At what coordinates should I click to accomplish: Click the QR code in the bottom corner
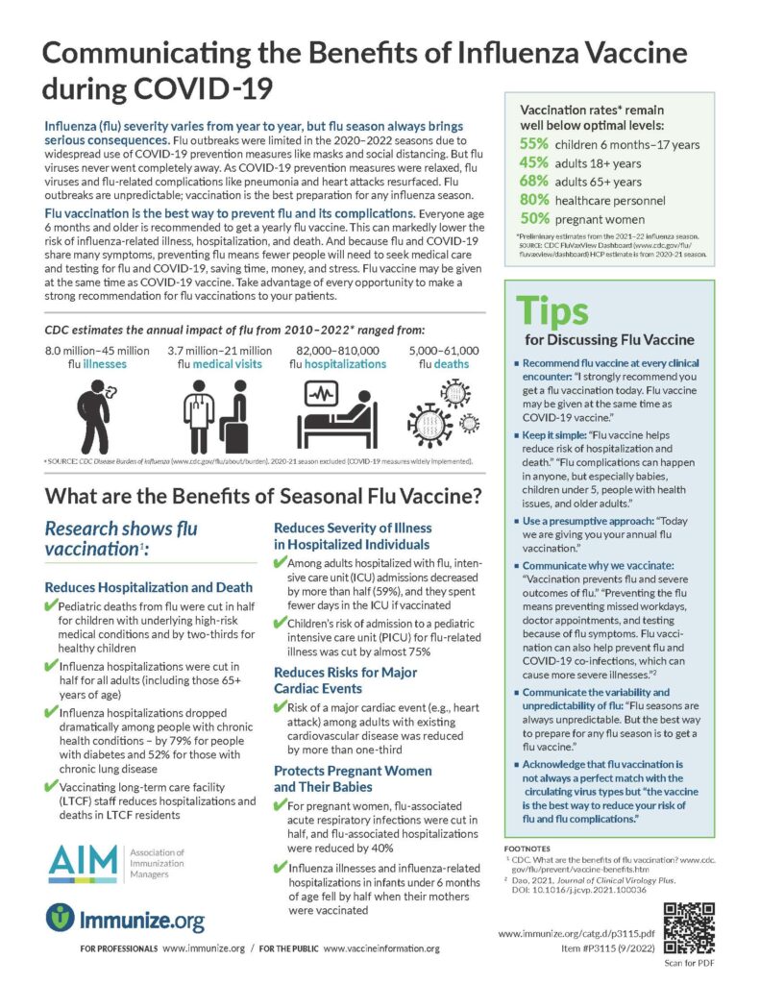(x=689, y=928)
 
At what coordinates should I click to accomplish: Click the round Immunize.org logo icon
(x=61, y=918)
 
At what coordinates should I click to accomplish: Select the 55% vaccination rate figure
(x=534, y=144)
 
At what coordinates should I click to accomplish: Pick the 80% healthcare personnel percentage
(x=534, y=200)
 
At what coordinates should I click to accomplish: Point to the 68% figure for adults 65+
(x=534, y=181)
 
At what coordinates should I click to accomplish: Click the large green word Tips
(x=552, y=311)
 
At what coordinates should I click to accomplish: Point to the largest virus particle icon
(x=429, y=424)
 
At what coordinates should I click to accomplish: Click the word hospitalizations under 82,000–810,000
(x=345, y=364)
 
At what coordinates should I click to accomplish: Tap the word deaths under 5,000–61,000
(x=452, y=364)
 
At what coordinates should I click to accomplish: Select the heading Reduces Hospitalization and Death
(x=149, y=587)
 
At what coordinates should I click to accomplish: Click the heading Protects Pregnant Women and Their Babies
(x=353, y=778)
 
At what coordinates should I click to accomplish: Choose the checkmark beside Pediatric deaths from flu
(x=51, y=605)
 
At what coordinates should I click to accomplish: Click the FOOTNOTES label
(x=527, y=849)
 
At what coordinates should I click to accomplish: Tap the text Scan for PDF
(x=689, y=963)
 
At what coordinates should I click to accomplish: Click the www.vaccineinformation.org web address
(x=381, y=948)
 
